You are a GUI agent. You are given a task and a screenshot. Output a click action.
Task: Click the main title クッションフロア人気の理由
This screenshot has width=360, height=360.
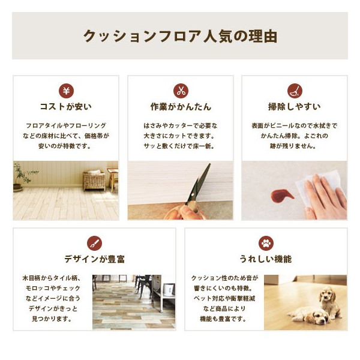click(180, 36)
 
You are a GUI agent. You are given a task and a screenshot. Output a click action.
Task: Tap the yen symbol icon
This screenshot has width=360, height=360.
click(66, 91)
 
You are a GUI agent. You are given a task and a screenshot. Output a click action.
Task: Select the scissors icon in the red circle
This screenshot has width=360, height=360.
click(181, 91)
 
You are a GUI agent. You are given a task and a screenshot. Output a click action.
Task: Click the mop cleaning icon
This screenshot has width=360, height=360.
click(295, 91)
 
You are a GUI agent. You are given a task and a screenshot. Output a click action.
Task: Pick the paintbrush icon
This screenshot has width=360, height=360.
click(94, 243)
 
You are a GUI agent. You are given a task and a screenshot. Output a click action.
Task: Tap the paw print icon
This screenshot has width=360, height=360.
click(266, 243)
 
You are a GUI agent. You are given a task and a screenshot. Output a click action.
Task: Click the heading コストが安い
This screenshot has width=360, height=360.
click(66, 107)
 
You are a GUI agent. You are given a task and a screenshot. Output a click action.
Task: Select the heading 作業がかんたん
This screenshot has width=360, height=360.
click(181, 107)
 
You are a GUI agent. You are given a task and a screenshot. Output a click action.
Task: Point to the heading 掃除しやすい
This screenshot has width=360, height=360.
click(295, 107)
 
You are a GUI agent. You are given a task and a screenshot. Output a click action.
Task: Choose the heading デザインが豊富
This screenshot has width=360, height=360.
click(95, 259)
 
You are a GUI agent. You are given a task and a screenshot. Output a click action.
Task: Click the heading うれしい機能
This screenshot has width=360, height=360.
click(266, 259)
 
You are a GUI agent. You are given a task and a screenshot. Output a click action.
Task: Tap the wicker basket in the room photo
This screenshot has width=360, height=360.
click(94, 181)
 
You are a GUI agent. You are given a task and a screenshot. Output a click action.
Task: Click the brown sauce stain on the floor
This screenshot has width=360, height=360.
click(282, 196)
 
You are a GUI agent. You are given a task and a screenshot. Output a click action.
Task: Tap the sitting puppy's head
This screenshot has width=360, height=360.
click(328, 295)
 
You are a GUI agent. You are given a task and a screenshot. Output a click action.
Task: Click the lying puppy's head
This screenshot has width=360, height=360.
click(318, 317)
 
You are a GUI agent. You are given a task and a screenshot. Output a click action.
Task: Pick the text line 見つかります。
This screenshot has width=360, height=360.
click(52, 319)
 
